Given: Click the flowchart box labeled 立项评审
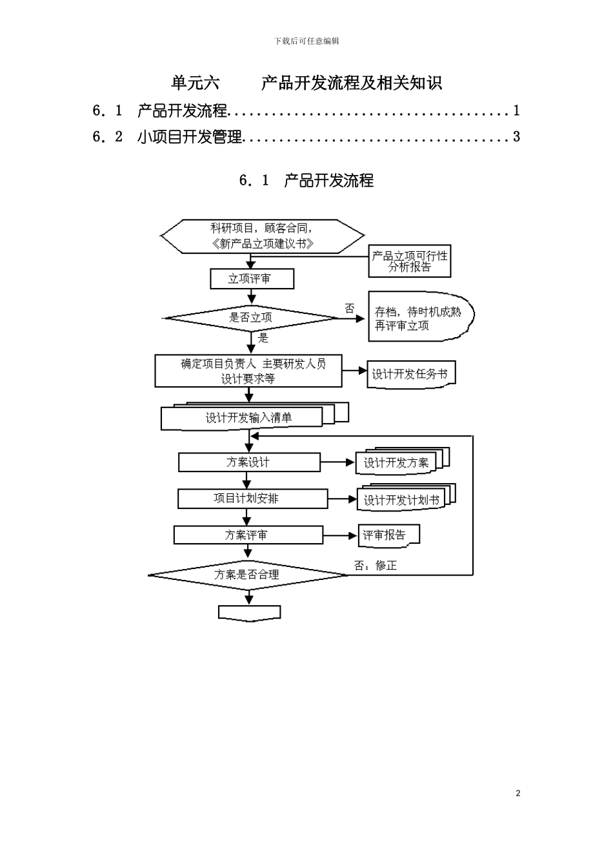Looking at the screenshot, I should pos(252,279).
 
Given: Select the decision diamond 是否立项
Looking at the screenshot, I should pos(251,318).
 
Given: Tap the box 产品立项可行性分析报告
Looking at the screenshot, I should pos(409,262).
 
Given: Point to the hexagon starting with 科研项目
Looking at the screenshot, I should pos(261,236).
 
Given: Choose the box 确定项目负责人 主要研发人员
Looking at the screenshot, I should pos(248,371).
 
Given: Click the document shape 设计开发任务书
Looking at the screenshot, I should pos(410,375).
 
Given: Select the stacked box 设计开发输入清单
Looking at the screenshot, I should pos(248,418).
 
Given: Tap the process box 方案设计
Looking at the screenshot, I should pos(249,462).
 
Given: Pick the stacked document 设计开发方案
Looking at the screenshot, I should pos(396,462).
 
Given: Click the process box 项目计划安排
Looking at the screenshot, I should pos(246,499).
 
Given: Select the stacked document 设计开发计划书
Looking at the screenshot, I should pos(401,500).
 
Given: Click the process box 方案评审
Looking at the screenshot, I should pos(248,535).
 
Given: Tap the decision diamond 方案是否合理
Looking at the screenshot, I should pos(248,574).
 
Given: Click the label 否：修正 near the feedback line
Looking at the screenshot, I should pos(376,566).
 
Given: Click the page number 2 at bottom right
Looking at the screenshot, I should pos(518,793).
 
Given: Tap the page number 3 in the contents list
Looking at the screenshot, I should pos(516,137).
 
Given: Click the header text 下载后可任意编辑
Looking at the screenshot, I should pos(306,41).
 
